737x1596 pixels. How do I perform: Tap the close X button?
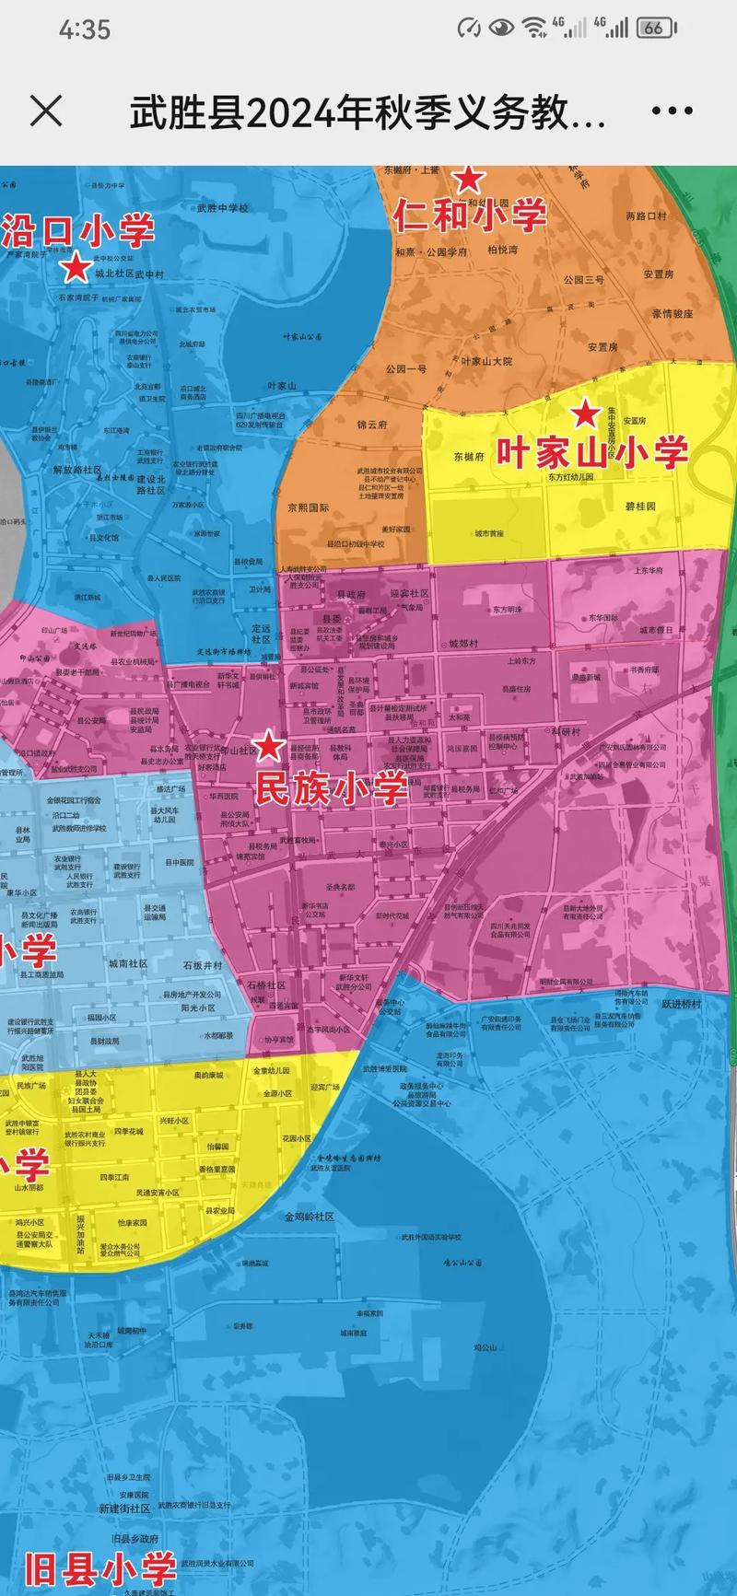click(x=46, y=111)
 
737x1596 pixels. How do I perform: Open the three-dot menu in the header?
click(x=672, y=111)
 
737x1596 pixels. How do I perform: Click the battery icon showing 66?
click(x=655, y=28)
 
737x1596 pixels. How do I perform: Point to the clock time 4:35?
click(x=85, y=29)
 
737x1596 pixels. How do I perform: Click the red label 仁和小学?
click(x=470, y=216)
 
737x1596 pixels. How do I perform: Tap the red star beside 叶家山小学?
click(x=585, y=414)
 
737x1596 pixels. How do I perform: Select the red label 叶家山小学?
click(x=592, y=452)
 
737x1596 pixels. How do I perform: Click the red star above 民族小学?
click(x=268, y=745)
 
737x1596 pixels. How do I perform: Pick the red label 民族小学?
click(x=330, y=788)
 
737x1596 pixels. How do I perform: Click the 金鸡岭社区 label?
click(x=309, y=1217)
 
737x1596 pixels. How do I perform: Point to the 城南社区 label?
click(x=128, y=963)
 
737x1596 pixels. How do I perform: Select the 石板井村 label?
click(x=203, y=965)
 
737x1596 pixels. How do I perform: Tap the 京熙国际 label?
click(x=308, y=507)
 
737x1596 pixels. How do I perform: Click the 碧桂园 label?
click(x=640, y=507)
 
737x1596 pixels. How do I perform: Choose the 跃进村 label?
click(x=681, y=1004)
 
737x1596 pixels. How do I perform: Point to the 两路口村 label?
click(x=646, y=216)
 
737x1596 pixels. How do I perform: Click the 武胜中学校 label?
click(x=222, y=208)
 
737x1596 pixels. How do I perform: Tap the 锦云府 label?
click(x=372, y=425)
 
